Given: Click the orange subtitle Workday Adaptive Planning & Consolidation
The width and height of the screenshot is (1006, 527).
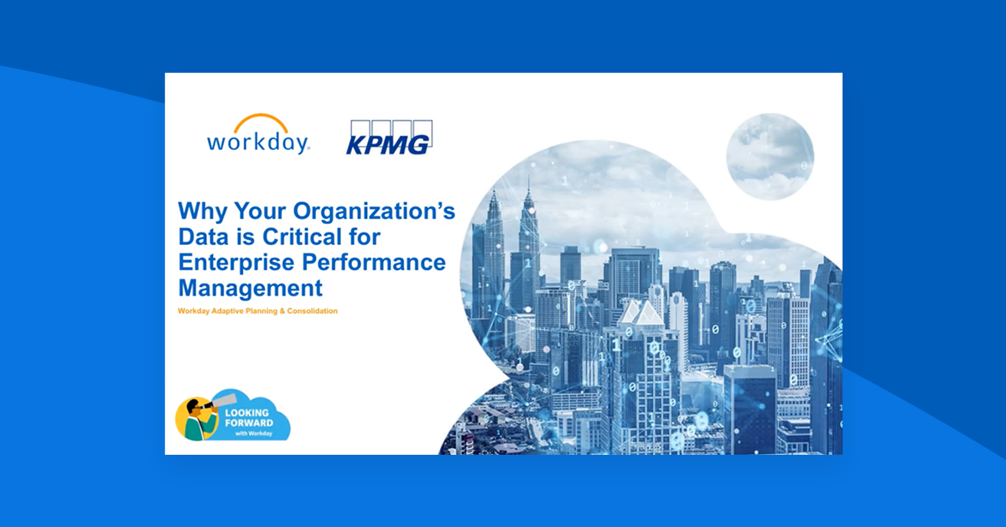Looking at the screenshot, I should [x=257, y=311].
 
